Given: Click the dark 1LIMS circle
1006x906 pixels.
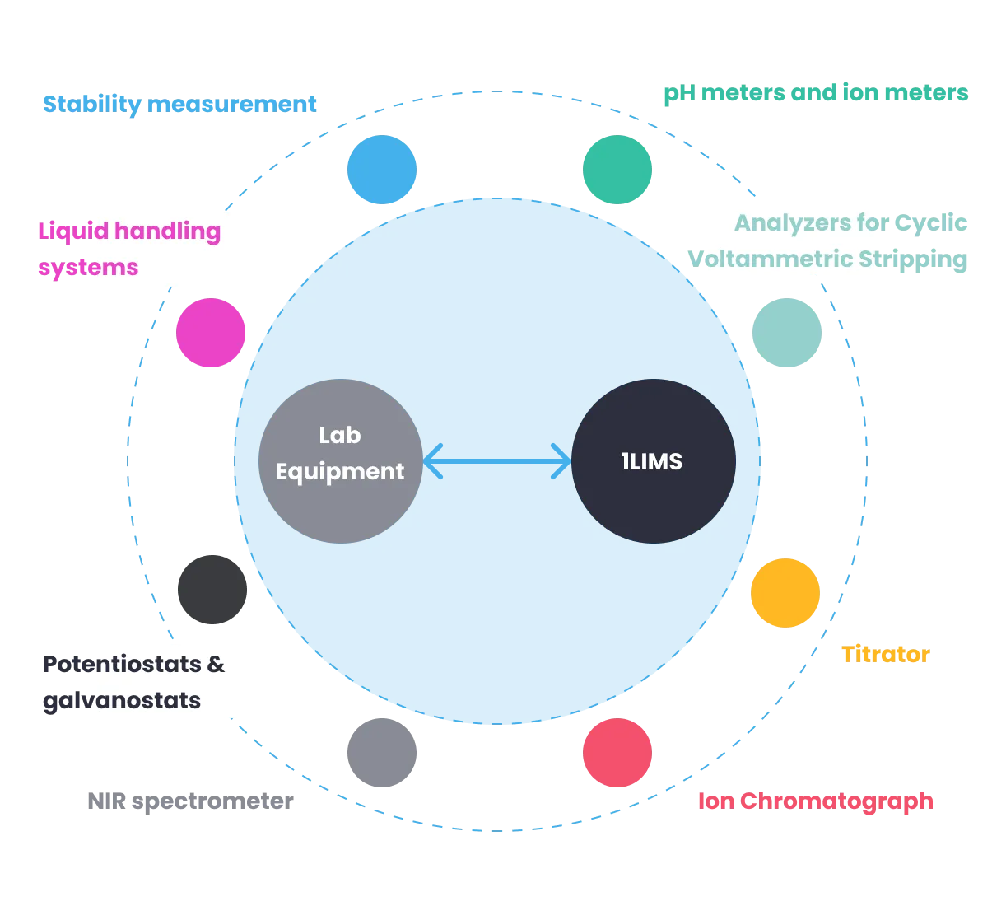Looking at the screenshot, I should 653,461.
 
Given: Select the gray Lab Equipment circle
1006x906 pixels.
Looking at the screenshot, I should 340,461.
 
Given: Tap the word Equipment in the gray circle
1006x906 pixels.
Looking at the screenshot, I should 339,472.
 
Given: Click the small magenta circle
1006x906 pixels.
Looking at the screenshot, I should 211,333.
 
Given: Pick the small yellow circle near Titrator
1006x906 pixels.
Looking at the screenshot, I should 786,593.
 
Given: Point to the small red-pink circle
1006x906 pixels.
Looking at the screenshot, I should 617,753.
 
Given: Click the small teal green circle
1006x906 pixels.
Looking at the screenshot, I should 617,169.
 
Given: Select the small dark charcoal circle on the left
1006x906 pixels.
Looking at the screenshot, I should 213,589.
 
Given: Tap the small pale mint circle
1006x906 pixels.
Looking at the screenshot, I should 787,333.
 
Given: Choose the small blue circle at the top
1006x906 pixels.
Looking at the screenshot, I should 382,169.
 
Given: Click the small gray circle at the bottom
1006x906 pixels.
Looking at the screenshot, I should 382,753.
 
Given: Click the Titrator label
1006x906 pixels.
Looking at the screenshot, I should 885,655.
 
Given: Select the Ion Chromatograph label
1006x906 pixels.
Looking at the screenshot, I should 816,801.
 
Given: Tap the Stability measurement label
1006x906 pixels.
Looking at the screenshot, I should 179,105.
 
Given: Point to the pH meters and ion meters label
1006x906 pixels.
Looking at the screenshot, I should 816,94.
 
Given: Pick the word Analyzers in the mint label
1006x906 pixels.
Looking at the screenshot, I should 780,223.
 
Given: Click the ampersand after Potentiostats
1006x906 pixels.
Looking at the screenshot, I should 216,664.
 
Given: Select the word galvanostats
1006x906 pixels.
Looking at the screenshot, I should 121,701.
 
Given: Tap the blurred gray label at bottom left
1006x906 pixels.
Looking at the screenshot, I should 189,801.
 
